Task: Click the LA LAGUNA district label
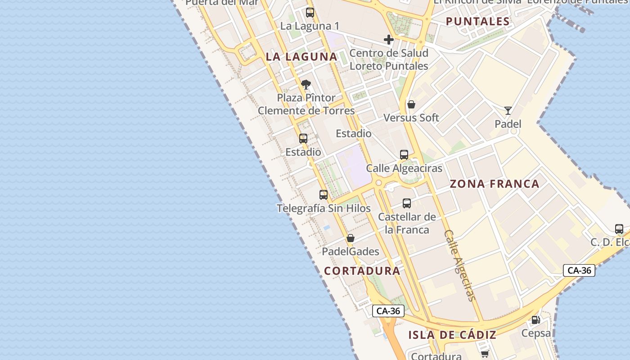click(x=301, y=57)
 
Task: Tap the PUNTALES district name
click(x=477, y=21)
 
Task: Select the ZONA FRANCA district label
click(x=495, y=184)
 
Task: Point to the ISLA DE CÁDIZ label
click(x=452, y=335)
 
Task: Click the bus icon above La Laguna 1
click(x=310, y=13)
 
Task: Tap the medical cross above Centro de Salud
click(x=389, y=40)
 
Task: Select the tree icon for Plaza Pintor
click(x=306, y=84)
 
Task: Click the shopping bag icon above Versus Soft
click(x=411, y=104)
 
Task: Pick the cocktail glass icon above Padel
click(x=508, y=110)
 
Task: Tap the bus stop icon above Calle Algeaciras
click(x=404, y=155)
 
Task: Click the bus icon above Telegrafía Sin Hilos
click(x=324, y=195)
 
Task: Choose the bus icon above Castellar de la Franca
click(x=407, y=203)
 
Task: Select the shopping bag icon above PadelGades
click(x=351, y=238)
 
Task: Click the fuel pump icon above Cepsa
click(x=535, y=320)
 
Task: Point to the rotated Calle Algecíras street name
click(x=459, y=265)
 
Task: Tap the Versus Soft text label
click(x=411, y=118)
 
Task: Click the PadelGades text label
click(x=351, y=252)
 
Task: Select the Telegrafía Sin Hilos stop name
click(x=324, y=208)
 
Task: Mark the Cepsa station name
click(x=535, y=333)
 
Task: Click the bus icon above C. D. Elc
click(x=619, y=229)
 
